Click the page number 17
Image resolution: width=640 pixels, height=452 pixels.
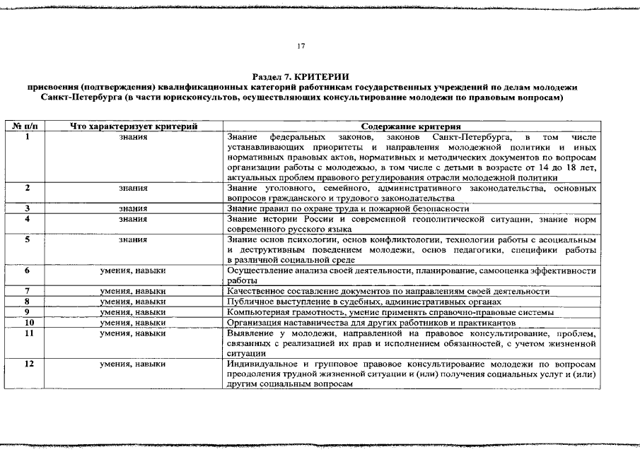pos(301,46)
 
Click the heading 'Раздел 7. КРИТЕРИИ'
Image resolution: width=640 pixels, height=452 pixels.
pos(301,76)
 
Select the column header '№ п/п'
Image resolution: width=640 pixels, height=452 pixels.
pos(27,126)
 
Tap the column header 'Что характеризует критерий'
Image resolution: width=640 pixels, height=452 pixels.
pos(133,126)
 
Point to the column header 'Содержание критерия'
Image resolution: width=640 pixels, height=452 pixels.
pos(411,126)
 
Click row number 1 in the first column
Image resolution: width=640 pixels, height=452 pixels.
pos(27,136)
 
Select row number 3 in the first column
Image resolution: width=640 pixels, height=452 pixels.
pos(27,209)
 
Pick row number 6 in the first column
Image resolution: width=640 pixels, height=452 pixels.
pos(27,270)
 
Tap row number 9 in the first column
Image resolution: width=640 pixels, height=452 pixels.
pos(27,311)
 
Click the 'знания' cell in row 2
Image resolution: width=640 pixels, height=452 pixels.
pos(133,189)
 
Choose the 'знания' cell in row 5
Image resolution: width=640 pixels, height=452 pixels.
pos(133,240)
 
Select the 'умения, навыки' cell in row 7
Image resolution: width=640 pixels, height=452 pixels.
pos(133,291)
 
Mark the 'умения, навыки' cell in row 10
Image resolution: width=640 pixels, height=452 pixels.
pos(133,322)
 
